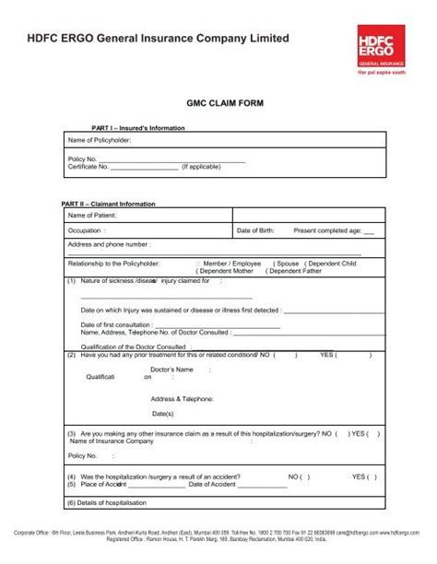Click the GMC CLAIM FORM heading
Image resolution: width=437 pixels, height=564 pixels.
tap(218, 106)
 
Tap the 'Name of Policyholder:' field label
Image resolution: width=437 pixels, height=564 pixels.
tap(100, 139)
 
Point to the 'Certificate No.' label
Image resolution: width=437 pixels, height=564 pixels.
tap(89, 167)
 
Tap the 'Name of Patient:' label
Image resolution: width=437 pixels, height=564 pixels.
tap(92, 215)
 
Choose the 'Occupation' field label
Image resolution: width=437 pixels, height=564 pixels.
tap(85, 230)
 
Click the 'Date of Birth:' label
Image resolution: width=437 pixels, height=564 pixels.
tap(255, 230)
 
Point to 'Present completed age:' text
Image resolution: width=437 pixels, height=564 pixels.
tap(326, 230)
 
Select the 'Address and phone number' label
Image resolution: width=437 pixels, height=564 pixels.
tap(109, 245)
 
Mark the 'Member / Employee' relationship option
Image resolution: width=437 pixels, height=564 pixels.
tap(231, 264)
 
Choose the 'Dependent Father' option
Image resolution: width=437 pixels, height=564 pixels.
tap(295, 272)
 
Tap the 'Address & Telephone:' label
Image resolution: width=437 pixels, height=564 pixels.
tap(183, 399)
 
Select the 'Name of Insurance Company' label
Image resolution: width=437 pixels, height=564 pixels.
tap(112, 441)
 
